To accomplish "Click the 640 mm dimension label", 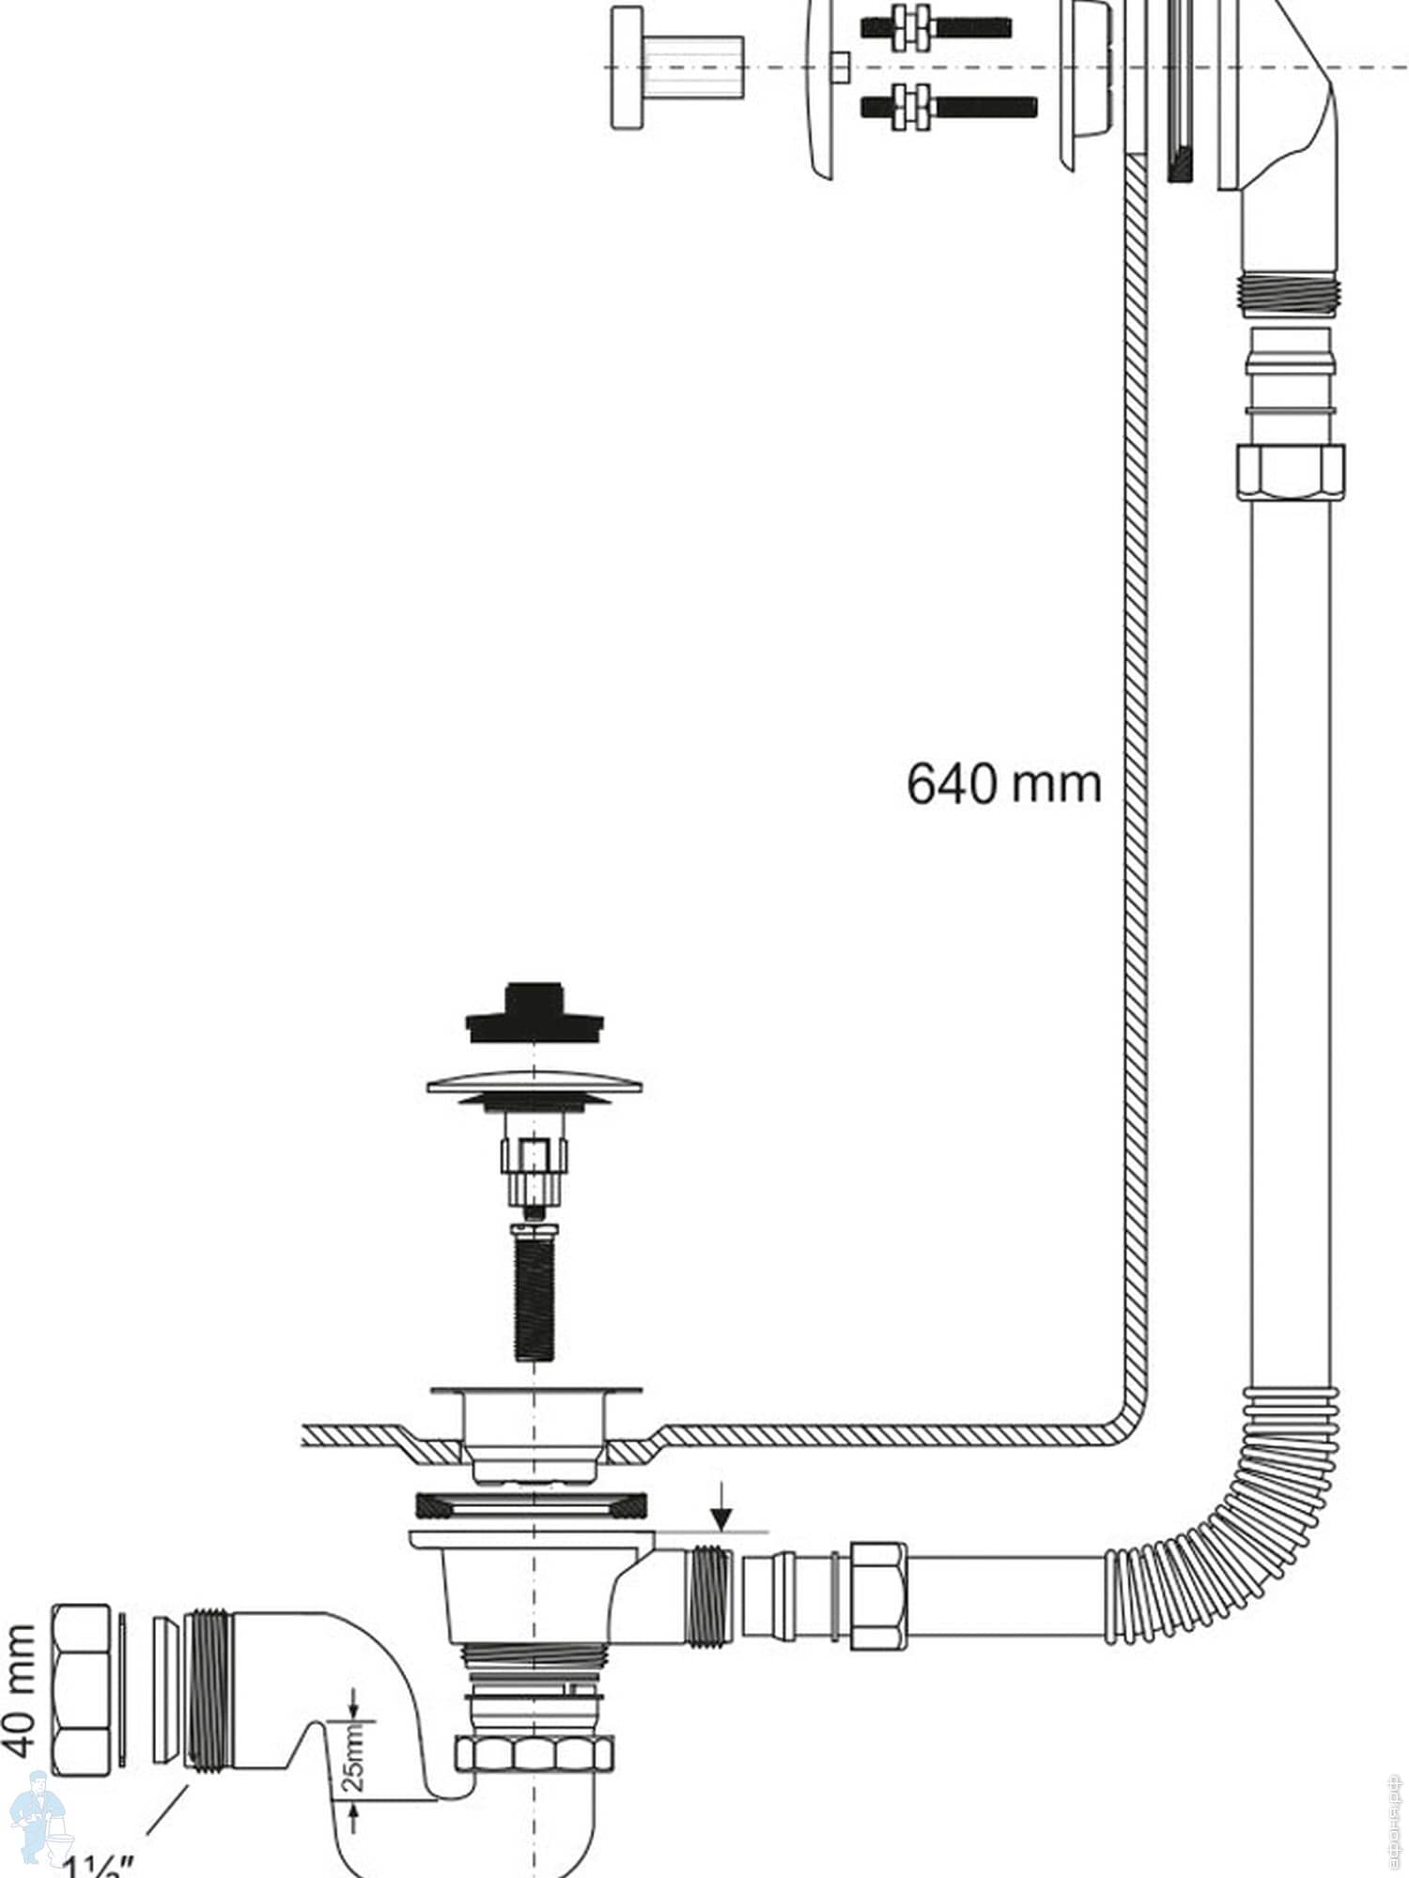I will [x=1003, y=783].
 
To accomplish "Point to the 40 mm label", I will [x=21, y=1689].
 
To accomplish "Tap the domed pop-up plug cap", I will [x=534, y=1085].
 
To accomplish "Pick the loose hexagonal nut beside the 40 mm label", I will [x=81, y=1688].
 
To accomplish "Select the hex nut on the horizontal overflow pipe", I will [x=878, y=1595].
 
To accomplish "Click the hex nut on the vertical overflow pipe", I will [x=1290, y=472].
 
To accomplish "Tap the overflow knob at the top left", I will [x=676, y=68].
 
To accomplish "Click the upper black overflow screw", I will [x=935, y=27].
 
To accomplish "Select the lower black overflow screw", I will [x=949, y=106].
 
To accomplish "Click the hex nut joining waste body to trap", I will [x=534, y=1752].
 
